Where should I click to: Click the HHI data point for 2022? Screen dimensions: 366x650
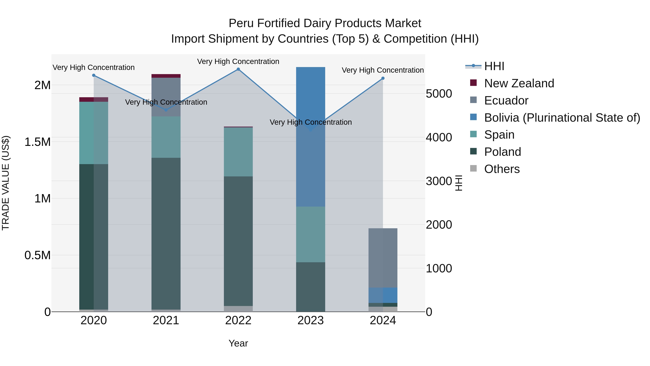point(238,69)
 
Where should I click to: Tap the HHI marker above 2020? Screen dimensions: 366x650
point(94,75)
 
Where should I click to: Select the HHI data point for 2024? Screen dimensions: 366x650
point(383,78)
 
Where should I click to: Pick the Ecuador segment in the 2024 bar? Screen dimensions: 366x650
point(383,258)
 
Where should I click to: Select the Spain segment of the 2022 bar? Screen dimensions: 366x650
point(238,152)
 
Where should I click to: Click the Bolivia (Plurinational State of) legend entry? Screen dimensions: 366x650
point(562,118)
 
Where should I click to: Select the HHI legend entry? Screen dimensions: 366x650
point(494,66)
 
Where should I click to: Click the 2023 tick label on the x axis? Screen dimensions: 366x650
point(310,320)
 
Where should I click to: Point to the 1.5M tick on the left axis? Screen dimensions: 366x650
point(38,142)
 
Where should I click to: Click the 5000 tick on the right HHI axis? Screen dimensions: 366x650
point(439,94)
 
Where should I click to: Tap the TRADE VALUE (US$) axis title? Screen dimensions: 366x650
point(6,183)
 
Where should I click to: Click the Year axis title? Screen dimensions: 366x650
point(238,343)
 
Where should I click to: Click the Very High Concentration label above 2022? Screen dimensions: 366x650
point(238,61)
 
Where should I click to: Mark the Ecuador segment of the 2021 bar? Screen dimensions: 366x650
point(166,97)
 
